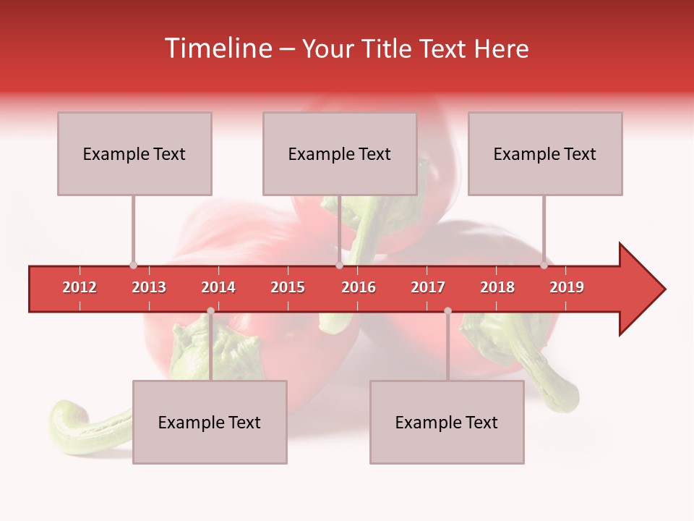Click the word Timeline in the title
[217, 48]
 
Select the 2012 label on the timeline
[80, 287]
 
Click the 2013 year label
[149, 287]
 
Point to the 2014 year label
[218, 287]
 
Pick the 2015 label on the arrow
[288, 287]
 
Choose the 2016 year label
[359, 287]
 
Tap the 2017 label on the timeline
[428, 287]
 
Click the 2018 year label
[497, 287]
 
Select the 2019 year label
[567, 287]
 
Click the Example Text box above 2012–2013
[134, 153]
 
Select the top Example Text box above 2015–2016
[340, 153]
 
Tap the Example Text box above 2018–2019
[545, 153]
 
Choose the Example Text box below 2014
[210, 422]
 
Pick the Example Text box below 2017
[447, 422]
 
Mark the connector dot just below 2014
[210, 310]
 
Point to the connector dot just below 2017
[447, 310]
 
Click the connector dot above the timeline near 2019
[544, 265]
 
